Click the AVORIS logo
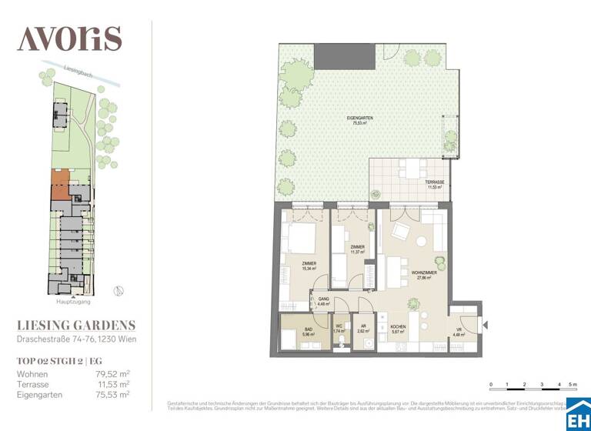69,38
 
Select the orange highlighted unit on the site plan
59,185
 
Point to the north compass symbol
117,290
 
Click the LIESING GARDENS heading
76,326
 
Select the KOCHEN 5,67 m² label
398,329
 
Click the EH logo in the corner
577,417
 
